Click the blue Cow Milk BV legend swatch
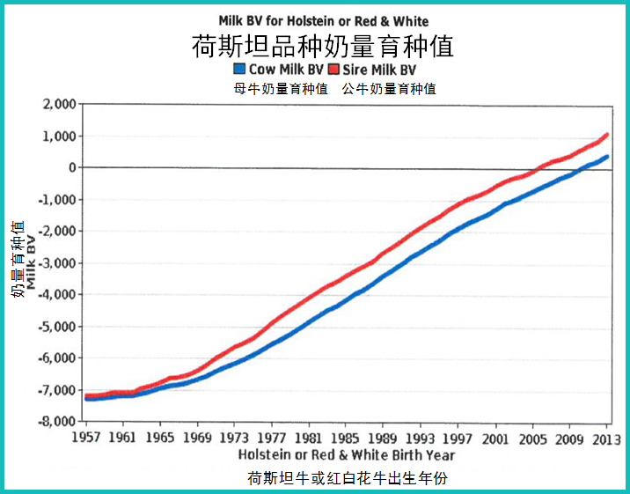(x=240, y=69)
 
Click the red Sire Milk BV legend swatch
(x=333, y=69)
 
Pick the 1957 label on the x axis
(x=86, y=438)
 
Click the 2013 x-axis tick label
(x=605, y=438)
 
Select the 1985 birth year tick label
(x=346, y=438)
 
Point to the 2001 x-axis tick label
(x=494, y=438)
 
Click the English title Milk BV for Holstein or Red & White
(x=324, y=20)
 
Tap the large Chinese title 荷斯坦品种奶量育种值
(x=323, y=45)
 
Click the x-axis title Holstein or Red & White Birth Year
(x=347, y=454)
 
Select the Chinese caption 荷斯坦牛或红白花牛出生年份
(x=349, y=478)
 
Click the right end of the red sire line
(x=607, y=135)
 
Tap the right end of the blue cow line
(x=607, y=157)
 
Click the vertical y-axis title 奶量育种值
(x=18, y=259)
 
